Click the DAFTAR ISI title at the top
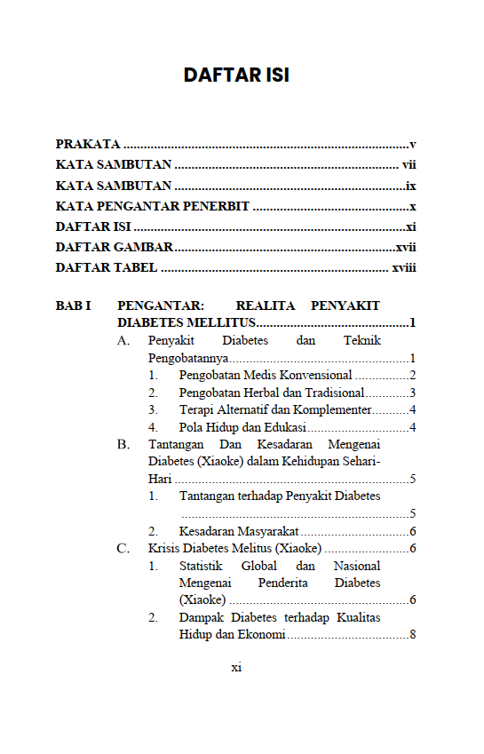pos(236,75)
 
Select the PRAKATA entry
pos(88,144)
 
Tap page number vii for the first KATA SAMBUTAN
pos(409,164)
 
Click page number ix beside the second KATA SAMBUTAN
pos(410,186)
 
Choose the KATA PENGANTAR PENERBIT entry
pos(152,206)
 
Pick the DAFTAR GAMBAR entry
pos(114,247)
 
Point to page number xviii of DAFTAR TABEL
pos(404,267)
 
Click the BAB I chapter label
pos(74,306)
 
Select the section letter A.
pos(123,341)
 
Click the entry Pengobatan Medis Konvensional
pos(265,376)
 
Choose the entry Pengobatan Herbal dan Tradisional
pos(271,393)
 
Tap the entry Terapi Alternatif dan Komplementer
pos(274,409)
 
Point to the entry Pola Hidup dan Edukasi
pos(242,427)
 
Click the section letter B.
pos(123,445)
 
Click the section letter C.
pos(123,549)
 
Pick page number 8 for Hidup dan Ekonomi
pos(413,635)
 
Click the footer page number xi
pos(236,668)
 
